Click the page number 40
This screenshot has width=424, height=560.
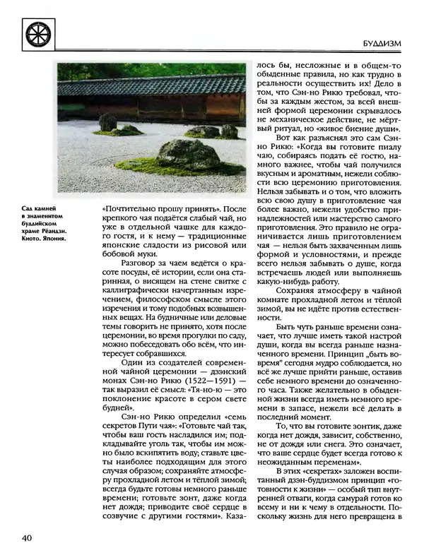(x=29, y=540)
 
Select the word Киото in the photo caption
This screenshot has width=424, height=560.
(x=33, y=238)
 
